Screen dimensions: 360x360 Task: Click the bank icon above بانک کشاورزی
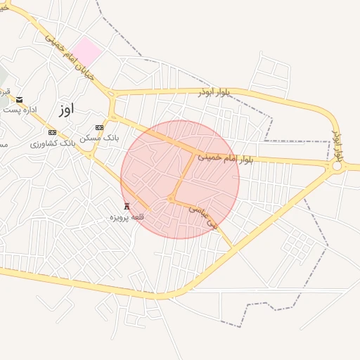coord(52,132)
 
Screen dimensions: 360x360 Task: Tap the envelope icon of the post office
coord(20,99)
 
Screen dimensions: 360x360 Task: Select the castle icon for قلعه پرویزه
coord(127,206)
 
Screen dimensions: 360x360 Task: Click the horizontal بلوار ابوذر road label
coord(214,91)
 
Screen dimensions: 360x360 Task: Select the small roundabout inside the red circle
coord(171,200)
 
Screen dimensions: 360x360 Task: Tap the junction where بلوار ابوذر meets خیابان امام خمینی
coord(111,94)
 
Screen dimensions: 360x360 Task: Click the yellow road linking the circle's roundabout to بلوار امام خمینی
coord(184,175)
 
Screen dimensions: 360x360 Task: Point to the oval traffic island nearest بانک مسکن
coord(111,117)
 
